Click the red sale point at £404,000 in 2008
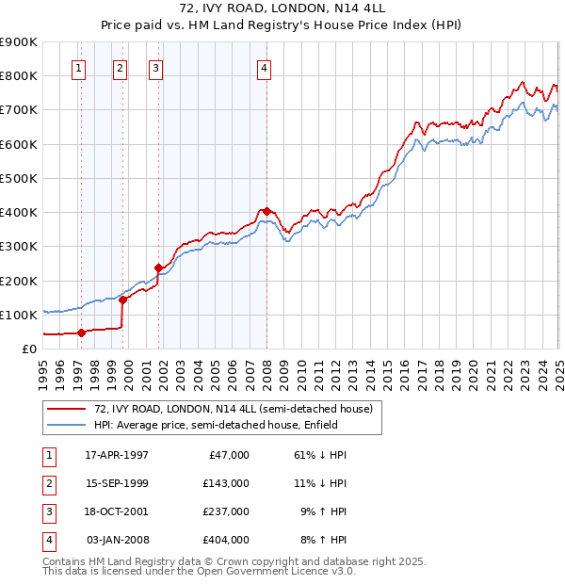click(x=266, y=211)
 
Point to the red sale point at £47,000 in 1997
click(x=82, y=333)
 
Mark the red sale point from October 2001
click(x=159, y=268)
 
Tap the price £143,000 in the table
click(x=225, y=483)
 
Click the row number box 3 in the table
click(x=47, y=511)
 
